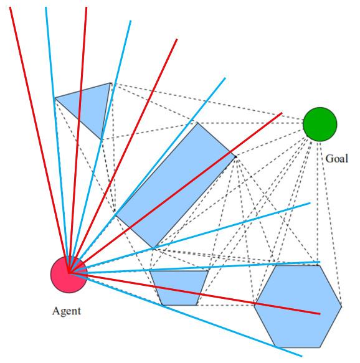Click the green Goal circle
[320, 125]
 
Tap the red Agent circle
[69, 275]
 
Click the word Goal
[336, 159]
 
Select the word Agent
[67, 311]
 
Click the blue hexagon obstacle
[298, 306]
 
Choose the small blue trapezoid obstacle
[179, 288]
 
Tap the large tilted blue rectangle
[176, 185]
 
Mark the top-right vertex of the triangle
[110, 83]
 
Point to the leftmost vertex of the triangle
[54, 98]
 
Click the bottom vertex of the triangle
[102, 140]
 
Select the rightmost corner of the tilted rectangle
[235, 157]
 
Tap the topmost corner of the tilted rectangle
[197, 123]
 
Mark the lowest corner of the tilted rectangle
[153, 248]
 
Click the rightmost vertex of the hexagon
[342, 306]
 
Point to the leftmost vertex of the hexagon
[254, 306]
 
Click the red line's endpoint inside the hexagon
[320, 314]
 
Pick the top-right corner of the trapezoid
[209, 271]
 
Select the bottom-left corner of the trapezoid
[162, 305]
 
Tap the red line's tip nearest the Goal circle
[282, 113]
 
